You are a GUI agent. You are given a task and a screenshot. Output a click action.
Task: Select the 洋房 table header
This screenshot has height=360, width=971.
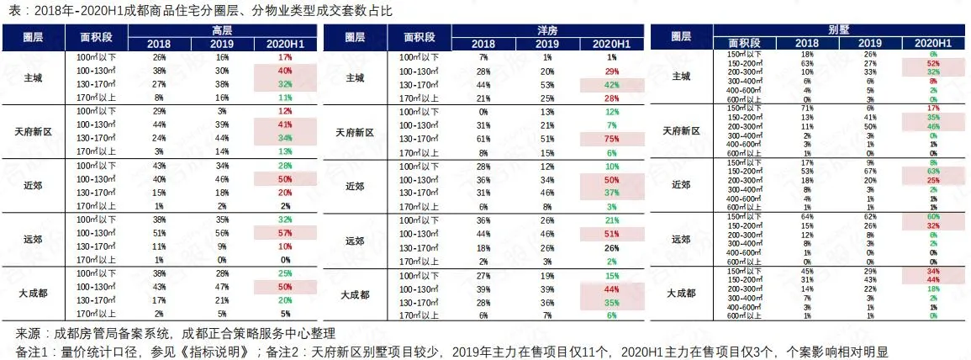click(x=546, y=30)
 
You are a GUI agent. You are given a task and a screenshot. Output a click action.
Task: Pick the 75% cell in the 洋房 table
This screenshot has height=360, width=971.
click(x=610, y=139)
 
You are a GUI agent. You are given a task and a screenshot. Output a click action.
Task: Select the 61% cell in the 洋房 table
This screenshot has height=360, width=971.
click(x=483, y=139)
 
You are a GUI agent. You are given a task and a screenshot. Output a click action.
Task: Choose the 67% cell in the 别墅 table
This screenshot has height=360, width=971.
click(x=870, y=170)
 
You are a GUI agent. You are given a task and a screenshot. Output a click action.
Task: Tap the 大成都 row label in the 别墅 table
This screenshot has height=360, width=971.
click(x=681, y=293)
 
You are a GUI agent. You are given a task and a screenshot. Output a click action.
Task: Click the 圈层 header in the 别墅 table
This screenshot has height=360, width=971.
click(x=681, y=36)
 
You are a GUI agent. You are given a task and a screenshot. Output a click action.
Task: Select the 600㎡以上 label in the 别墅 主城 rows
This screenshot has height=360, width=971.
click(x=743, y=99)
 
